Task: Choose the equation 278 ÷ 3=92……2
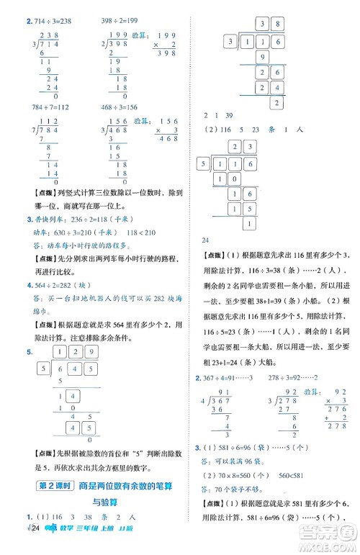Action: coord(297,297)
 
